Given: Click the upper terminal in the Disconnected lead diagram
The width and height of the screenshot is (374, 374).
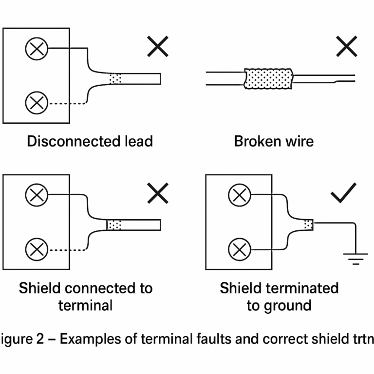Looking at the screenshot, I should pyautogui.click(x=37, y=48).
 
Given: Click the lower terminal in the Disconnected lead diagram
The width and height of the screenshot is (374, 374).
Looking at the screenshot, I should pyautogui.click(x=37, y=103).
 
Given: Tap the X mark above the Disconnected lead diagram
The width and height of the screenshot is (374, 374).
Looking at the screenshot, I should pyautogui.click(x=157, y=47).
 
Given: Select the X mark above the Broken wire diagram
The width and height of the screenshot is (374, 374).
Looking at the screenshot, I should pyautogui.click(x=346, y=47).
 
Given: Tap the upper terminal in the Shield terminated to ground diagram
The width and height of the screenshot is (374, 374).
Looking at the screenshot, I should pyautogui.click(x=239, y=196).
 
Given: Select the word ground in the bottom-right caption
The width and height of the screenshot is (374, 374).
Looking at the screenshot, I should pyautogui.click(x=286, y=305).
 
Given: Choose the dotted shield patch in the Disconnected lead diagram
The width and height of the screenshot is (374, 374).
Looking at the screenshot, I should pyautogui.click(x=115, y=78).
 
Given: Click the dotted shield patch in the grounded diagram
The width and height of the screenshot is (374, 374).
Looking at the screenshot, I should pyautogui.click(x=308, y=224).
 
